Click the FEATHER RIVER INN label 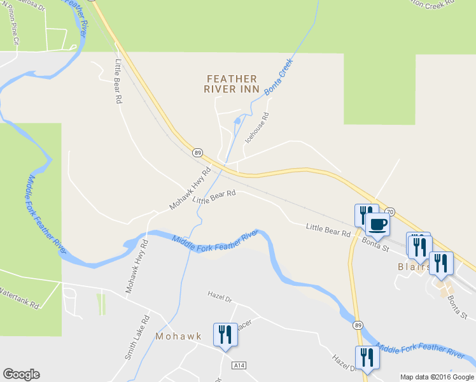232,83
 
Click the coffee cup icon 378,225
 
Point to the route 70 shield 390,211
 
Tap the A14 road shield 239,365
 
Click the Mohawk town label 178,336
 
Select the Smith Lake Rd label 137,337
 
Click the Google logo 21,374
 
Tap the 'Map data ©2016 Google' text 437,377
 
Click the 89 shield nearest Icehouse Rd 198,153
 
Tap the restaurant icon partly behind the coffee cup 363,213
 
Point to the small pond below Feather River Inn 237,120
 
